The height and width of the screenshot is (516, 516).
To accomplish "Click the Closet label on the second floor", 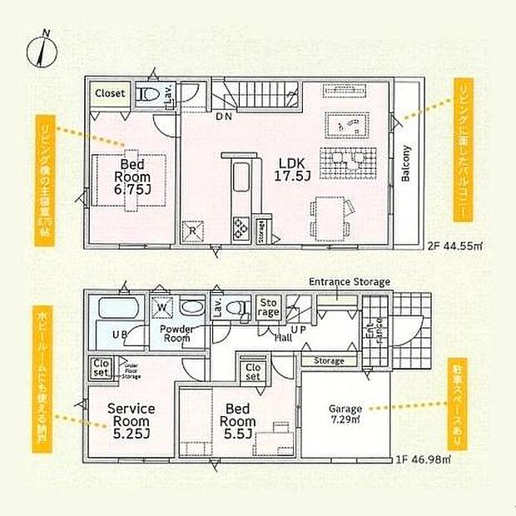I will [109, 94].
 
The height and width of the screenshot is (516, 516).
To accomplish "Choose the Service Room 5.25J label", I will [132, 420].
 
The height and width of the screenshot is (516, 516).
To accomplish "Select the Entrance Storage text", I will [349, 282].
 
